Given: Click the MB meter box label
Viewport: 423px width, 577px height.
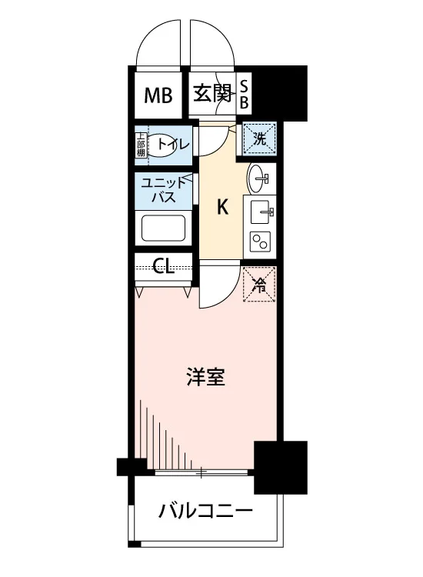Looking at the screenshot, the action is (158, 95).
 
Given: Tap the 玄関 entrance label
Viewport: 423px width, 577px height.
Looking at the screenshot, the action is (212, 93).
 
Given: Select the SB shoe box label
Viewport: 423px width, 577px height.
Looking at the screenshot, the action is (244, 95).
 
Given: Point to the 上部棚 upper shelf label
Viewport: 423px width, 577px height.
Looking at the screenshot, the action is (141, 144).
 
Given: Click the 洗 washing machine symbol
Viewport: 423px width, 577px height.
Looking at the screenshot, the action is (259, 139).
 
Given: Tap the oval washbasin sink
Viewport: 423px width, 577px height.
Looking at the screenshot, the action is (259, 178).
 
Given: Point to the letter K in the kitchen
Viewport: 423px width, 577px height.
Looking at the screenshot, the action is (222, 207).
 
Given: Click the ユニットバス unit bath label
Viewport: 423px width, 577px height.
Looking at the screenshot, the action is (164, 190).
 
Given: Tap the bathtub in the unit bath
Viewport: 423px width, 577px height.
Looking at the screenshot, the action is (163, 228).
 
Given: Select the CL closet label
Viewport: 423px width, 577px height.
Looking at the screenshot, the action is (163, 265).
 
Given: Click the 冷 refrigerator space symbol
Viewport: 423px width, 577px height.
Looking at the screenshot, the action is (259, 284).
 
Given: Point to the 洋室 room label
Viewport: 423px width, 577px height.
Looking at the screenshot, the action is (205, 377).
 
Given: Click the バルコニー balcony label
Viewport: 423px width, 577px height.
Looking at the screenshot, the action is (205, 511).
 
